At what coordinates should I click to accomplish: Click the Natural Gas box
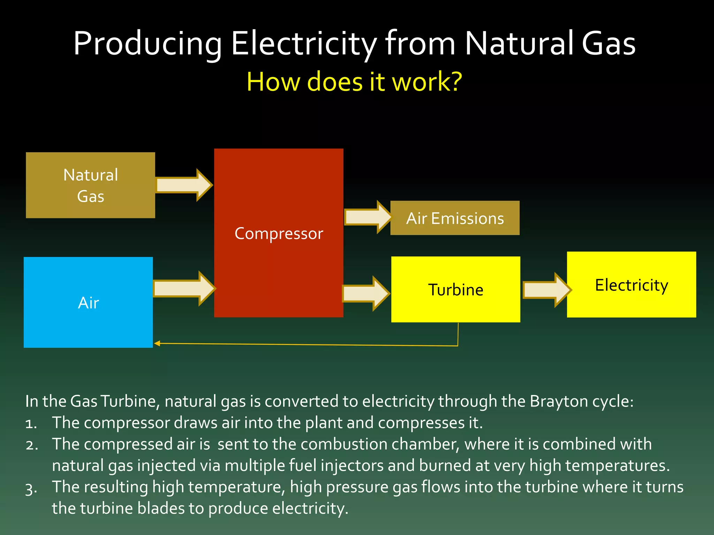tap(90, 185)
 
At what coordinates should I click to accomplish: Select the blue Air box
tap(88, 302)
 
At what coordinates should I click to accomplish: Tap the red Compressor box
tap(279, 233)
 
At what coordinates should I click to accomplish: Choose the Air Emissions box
tap(455, 218)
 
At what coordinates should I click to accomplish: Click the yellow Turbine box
tap(455, 289)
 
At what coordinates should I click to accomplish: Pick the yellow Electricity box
tap(631, 285)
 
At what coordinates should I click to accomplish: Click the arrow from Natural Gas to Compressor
tap(183, 185)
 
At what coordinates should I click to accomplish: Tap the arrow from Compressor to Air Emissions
tap(367, 217)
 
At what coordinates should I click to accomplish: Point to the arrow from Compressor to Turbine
tap(365, 293)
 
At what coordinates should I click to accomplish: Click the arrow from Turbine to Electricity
tap(546, 290)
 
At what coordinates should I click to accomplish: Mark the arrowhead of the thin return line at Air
tap(157, 343)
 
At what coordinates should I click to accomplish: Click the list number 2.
tap(31, 445)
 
